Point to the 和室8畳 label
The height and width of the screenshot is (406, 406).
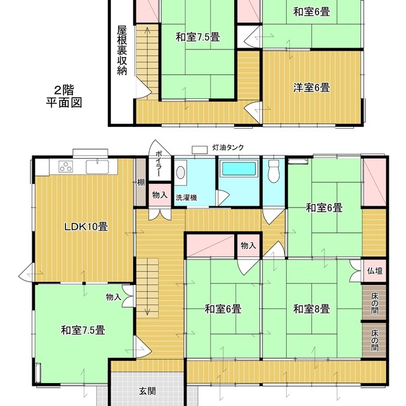(311, 310)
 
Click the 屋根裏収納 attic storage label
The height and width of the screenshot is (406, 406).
(122, 50)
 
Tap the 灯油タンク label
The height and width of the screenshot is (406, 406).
(228, 148)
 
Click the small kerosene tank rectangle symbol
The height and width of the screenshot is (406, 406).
(200, 149)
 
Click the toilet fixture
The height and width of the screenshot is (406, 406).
(274, 171)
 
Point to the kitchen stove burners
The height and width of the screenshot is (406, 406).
(67, 167)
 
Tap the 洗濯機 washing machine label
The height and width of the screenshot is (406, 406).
(186, 197)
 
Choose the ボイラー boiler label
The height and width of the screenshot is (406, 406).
(158, 165)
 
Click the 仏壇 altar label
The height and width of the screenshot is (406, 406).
(374, 271)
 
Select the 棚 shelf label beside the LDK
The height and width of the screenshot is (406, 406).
(140, 183)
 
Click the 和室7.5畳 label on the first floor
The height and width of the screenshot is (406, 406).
(82, 330)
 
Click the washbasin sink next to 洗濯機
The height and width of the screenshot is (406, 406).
(180, 172)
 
